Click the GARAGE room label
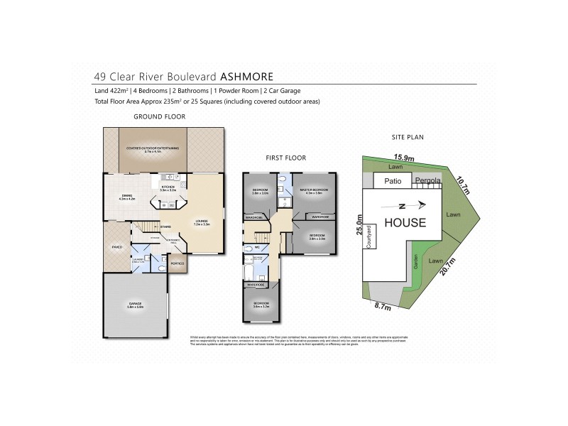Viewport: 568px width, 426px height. [135, 306]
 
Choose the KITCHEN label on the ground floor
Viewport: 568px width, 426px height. [168, 188]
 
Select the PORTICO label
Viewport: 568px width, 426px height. [177, 263]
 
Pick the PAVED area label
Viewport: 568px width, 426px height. [117, 246]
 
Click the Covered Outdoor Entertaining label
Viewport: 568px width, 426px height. [153, 148]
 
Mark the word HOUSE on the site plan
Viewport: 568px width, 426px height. [405, 222]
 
